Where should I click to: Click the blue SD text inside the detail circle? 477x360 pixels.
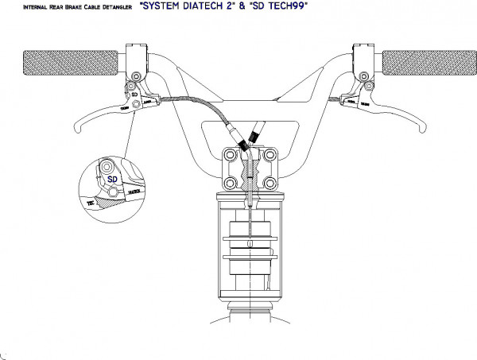click(111, 179)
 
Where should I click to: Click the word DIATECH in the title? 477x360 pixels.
click(204, 6)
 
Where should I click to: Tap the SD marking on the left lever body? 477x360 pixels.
click(135, 93)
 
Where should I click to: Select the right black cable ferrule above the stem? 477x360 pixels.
click(255, 137)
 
